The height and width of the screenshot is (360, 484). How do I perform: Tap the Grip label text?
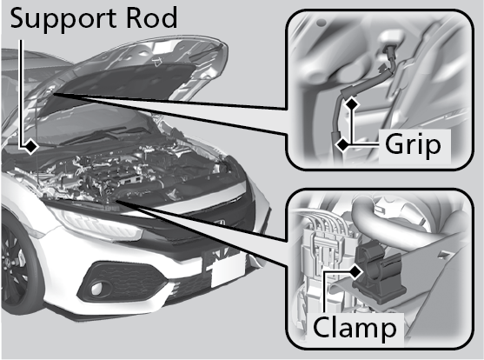point(413,145)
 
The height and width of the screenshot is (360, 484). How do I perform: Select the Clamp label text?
point(355,328)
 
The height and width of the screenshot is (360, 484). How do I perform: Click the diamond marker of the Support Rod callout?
point(30,145)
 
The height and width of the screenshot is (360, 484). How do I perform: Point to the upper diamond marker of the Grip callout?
point(351,103)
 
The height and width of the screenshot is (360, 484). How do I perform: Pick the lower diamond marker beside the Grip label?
point(343,144)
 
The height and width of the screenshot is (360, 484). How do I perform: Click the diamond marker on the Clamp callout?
point(355,271)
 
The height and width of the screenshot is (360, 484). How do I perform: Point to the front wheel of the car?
point(16,265)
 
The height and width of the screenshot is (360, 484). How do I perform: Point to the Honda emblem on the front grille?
point(220,223)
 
